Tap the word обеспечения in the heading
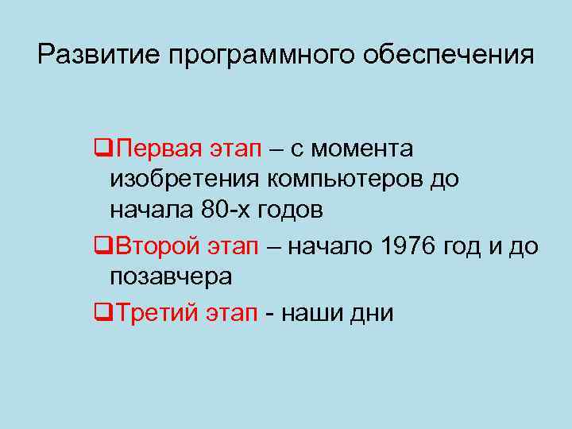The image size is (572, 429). pos(449,55)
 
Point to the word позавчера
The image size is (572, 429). pos(171,278)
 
